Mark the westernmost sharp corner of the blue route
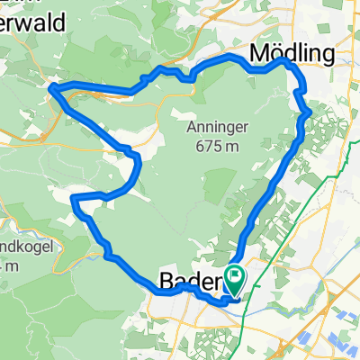[50, 86]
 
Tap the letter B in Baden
[166, 282]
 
